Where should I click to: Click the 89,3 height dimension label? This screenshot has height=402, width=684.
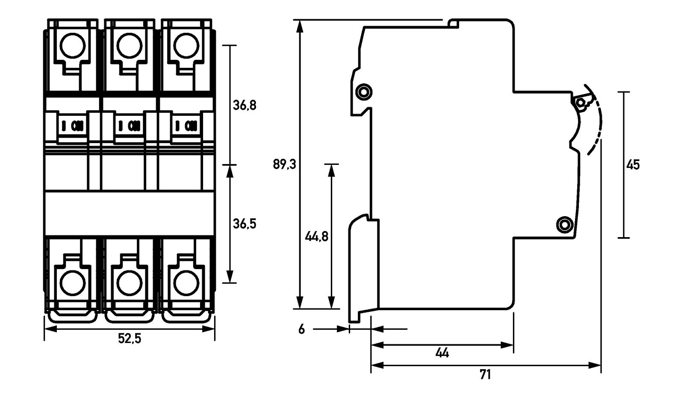[x=284, y=164]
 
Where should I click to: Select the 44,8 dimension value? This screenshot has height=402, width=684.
[x=316, y=236]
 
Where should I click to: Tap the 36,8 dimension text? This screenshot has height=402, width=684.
[x=245, y=105]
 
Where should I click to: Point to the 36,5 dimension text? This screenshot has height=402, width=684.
[x=245, y=223]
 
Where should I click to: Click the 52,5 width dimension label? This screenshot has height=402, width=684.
[x=130, y=339]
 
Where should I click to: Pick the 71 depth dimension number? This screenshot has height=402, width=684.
[x=485, y=375]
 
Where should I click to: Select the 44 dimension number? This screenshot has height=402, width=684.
[x=442, y=353]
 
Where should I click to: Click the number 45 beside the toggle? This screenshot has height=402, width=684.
[x=633, y=164]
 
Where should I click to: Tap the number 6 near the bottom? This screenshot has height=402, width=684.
[x=302, y=329]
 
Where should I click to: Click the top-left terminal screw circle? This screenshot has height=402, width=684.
[x=72, y=45]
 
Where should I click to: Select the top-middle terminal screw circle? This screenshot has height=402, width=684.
[x=130, y=45]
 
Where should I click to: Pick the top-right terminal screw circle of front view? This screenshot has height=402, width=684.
[x=186, y=45]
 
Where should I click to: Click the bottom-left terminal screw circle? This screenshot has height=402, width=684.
[x=72, y=283]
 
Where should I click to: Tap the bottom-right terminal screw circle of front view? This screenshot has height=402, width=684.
[x=186, y=283]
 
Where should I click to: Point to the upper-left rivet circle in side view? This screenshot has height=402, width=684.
[x=364, y=91]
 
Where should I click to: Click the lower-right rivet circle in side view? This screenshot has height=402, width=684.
[x=564, y=224]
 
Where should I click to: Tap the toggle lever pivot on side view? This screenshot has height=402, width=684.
[x=581, y=103]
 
